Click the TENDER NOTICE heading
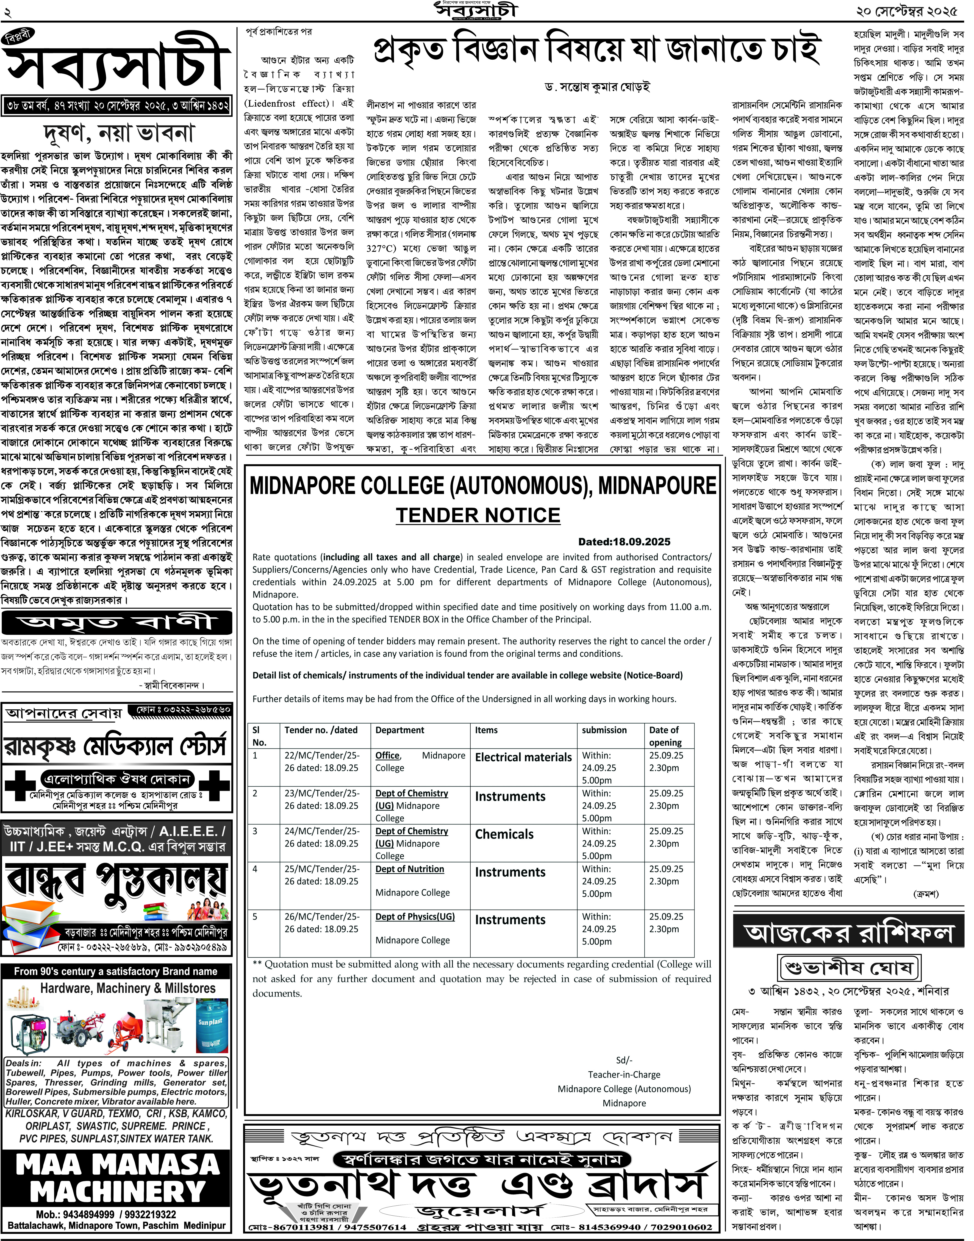pyautogui.click(x=478, y=515)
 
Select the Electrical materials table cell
pyautogui.click(x=523, y=757)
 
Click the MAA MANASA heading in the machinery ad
pyautogui.click(x=117, y=1164)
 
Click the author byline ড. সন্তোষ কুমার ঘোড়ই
pyautogui.click(x=597, y=87)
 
